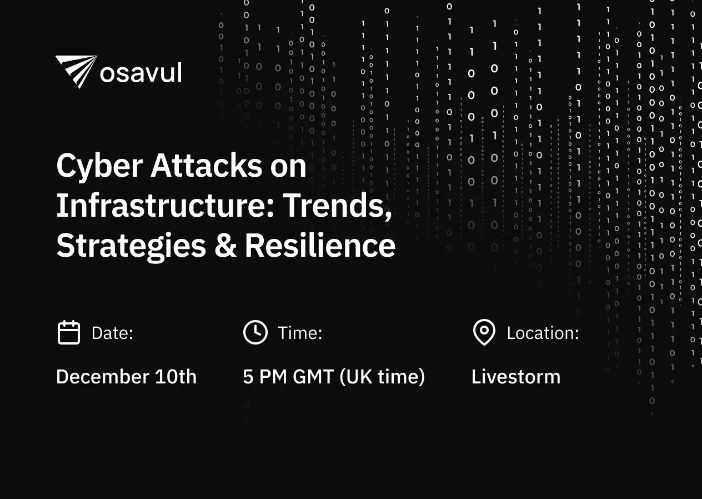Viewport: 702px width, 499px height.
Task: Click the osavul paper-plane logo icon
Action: (76, 71)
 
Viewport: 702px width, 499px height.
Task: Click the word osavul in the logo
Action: (141, 73)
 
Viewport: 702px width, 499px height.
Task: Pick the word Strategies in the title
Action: (131, 246)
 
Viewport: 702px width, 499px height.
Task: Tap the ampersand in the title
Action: (225, 246)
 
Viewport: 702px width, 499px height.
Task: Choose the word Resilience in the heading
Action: (320, 246)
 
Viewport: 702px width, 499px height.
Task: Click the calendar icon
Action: (69, 333)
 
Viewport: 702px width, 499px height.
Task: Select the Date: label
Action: (112, 333)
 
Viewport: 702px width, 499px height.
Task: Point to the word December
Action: (102, 377)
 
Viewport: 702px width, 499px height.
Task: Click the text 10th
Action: (175, 377)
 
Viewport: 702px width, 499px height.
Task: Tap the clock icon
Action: (255, 332)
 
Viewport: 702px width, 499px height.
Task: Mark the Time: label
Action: (300, 333)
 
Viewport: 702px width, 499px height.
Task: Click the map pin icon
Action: (484, 332)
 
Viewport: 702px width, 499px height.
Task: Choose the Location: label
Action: (543, 333)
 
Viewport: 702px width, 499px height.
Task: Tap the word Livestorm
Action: (516, 377)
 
